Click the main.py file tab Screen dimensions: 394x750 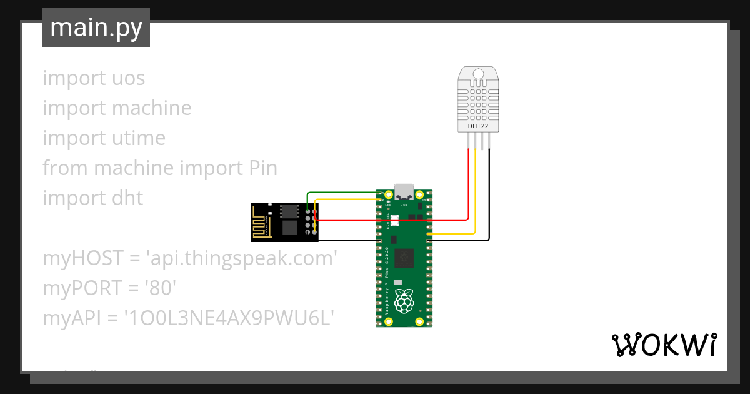click(x=96, y=28)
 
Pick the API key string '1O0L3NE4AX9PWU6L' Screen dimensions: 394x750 click(x=229, y=318)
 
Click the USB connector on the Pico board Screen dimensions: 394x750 click(x=404, y=191)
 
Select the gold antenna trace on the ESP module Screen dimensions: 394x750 click(x=262, y=221)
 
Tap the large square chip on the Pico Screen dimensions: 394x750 click(x=406, y=256)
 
